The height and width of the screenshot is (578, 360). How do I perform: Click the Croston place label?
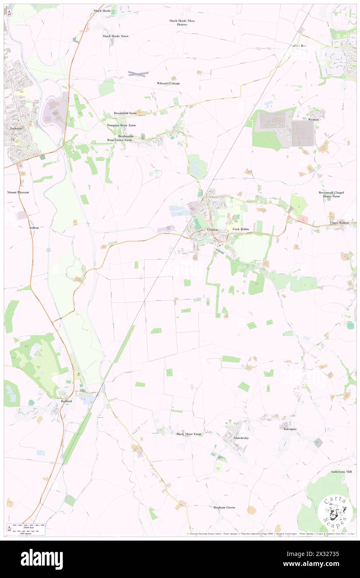click(x=213, y=230)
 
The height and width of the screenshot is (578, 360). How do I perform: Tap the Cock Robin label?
click(x=241, y=229)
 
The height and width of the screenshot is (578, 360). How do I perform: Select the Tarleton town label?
click(x=16, y=129)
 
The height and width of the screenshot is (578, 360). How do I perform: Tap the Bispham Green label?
click(x=224, y=507)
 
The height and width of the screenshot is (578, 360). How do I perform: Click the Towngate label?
click(x=290, y=429)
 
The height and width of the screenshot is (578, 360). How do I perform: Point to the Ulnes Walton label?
click(x=343, y=223)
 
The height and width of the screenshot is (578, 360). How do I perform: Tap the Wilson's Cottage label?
click(x=168, y=83)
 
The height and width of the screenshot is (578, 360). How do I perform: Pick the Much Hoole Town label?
click(x=116, y=36)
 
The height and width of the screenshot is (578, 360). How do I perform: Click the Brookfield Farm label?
click(x=125, y=113)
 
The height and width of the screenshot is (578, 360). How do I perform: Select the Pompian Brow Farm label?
click(x=121, y=125)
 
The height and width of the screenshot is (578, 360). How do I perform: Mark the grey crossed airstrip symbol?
click(x=138, y=74)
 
